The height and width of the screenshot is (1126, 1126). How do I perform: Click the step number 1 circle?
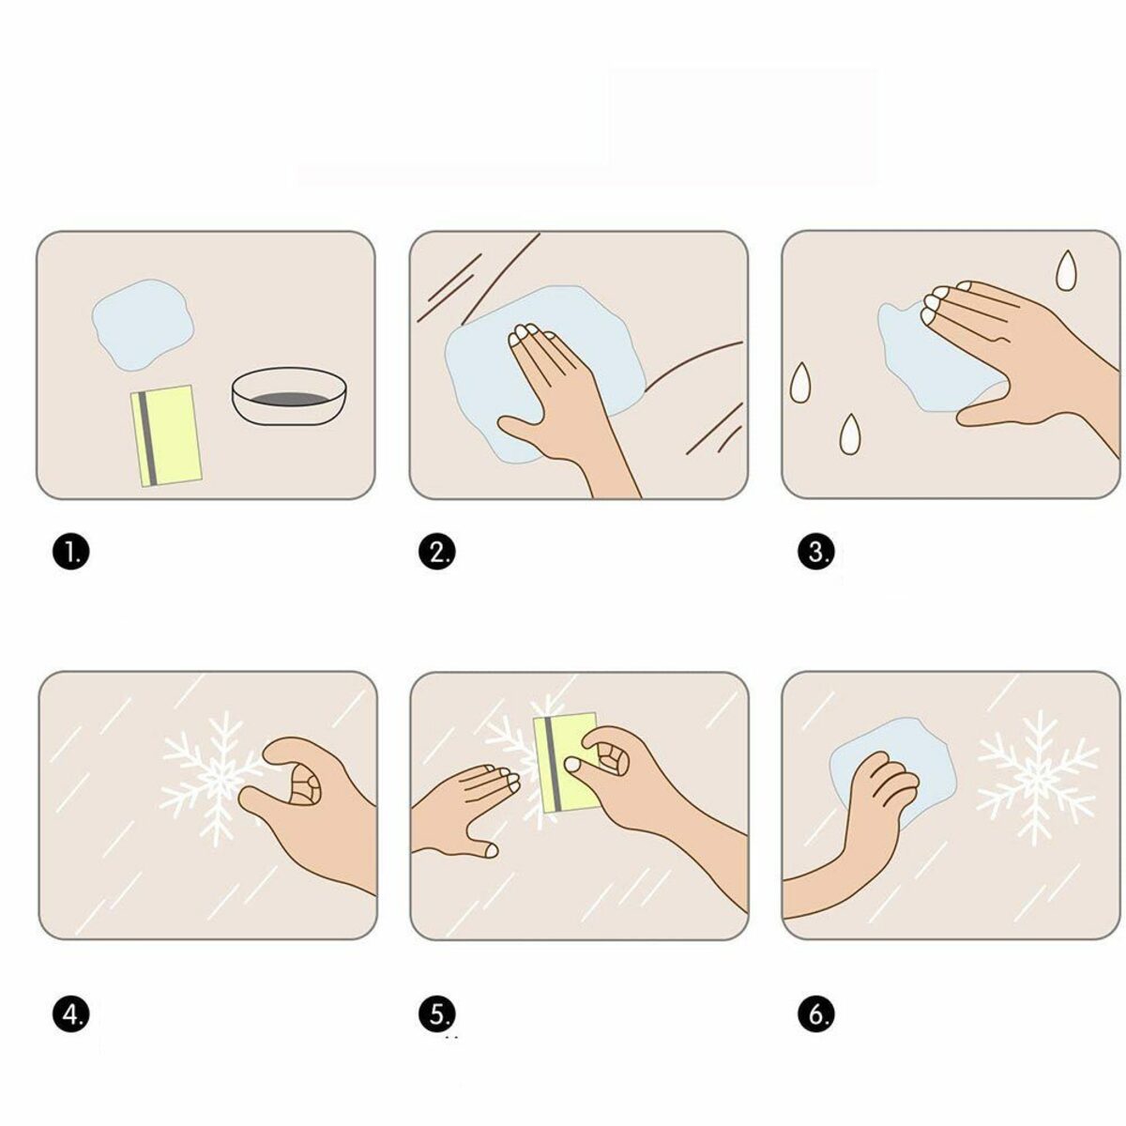click(x=70, y=553)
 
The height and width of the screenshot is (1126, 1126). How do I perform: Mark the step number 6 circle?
click(x=815, y=1013)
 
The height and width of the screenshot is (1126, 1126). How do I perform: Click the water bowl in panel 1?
click(x=292, y=398)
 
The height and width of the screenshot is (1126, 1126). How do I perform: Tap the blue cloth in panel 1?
click(x=143, y=324)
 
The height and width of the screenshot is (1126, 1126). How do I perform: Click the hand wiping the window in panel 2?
click(x=554, y=394)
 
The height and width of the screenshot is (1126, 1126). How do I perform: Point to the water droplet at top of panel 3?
click(x=1066, y=270)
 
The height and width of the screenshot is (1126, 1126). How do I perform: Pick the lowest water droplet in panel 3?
click(x=850, y=434)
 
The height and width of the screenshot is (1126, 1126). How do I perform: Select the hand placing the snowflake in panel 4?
click(x=310, y=807)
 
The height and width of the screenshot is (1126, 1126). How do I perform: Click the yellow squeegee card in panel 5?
click(x=567, y=760)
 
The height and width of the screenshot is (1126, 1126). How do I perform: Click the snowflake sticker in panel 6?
click(x=1038, y=775)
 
